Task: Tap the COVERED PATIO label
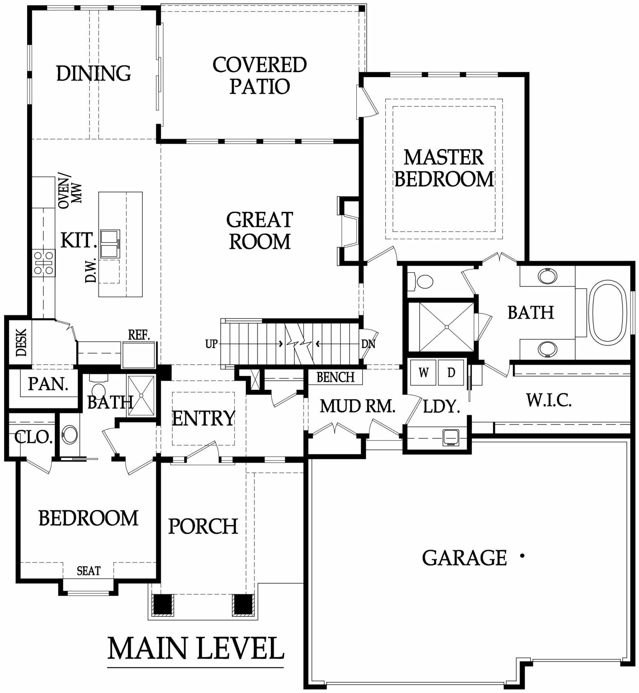260,75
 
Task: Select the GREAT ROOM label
260,231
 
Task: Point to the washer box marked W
423,372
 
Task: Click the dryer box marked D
451,372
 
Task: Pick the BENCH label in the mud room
335,377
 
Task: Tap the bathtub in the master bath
608,313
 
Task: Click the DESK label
21,342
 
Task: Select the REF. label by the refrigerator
139,335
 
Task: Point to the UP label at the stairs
212,344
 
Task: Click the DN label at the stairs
368,344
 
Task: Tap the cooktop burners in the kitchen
44,263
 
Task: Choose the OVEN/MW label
70,192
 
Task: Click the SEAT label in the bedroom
88,571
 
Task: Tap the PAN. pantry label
48,384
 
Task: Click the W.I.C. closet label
549,400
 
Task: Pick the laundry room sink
451,437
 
